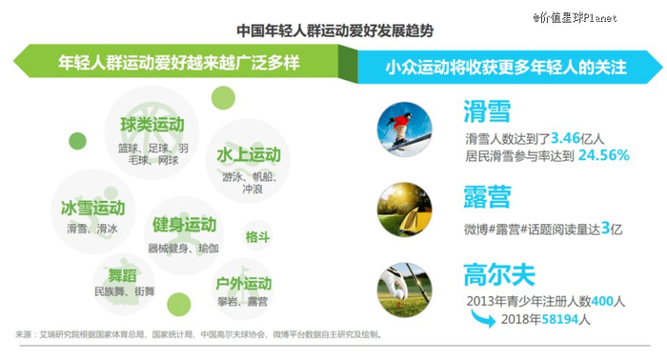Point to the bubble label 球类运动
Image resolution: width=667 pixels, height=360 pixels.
click(152, 125)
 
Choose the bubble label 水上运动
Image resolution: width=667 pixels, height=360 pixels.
click(248, 154)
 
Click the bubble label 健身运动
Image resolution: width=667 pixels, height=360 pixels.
click(184, 225)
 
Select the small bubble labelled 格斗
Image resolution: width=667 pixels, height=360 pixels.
click(257, 236)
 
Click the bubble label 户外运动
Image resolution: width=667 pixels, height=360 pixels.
click(244, 284)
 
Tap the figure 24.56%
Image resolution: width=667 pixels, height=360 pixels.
click(604, 155)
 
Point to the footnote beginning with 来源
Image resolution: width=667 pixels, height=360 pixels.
click(198, 335)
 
